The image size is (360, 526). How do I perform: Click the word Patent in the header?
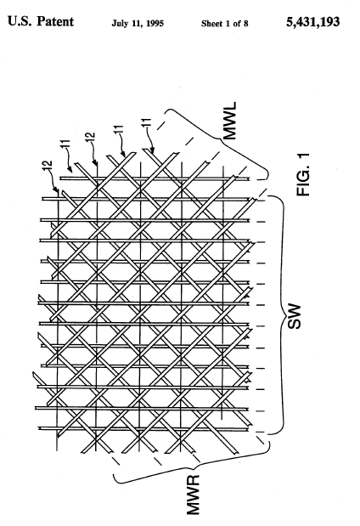(x=55, y=21)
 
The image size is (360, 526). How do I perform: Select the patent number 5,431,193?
(x=312, y=22)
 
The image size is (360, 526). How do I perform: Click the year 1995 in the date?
(x=155, y=24)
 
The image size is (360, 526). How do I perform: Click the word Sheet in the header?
(x=212, y=24)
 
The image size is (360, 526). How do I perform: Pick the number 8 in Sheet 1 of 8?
(x=245, y=24)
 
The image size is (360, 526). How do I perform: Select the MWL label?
(x=230, y=121)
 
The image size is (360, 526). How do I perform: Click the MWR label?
(x=194, y=494)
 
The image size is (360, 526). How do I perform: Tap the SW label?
(x=294, y=316)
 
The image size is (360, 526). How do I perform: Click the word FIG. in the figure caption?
(x=303, y=181)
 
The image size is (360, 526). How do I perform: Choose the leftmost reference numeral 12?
(x=48, y=166)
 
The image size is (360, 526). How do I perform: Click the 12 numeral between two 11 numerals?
(x=91, y=138)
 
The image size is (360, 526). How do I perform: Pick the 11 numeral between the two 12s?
(x=66, y=144)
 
